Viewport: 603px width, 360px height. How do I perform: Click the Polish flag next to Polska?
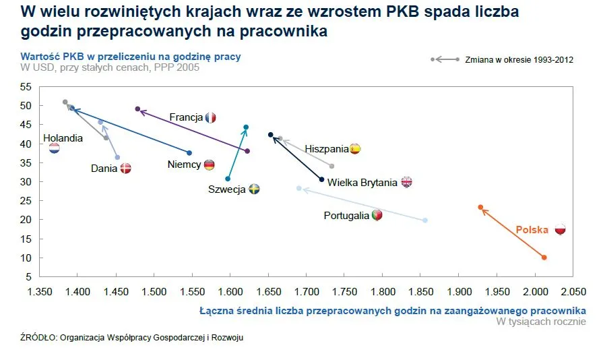[560, 230]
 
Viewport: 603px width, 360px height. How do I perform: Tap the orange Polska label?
[532, 230]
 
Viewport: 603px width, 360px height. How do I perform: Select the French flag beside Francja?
[210, 118]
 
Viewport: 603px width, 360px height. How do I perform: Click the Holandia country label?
[63, 138]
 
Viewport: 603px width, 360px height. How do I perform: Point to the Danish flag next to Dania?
[125, 169]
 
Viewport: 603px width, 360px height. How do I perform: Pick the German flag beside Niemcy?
[210, 164]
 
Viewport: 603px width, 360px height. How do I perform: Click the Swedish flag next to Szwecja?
[254, 189]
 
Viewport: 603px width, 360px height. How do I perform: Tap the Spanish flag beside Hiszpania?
[355, 149]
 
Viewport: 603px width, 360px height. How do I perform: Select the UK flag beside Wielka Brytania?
[406, 182]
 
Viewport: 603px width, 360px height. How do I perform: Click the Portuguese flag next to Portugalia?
[377, 216]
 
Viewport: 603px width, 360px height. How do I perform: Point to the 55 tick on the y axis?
[26, 87]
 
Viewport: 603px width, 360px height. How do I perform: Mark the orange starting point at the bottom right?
[544, 258]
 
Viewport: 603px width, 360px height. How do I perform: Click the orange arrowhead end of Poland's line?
[480, 208]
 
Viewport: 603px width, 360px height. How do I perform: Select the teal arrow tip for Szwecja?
[246, 127]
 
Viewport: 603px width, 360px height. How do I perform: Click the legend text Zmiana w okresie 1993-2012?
[519, 60]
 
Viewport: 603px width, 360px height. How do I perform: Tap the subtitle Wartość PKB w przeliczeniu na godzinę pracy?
[130, 57]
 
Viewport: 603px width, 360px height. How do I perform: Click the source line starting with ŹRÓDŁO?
[131, 338]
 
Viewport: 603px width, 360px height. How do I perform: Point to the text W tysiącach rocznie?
[540, 322]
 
